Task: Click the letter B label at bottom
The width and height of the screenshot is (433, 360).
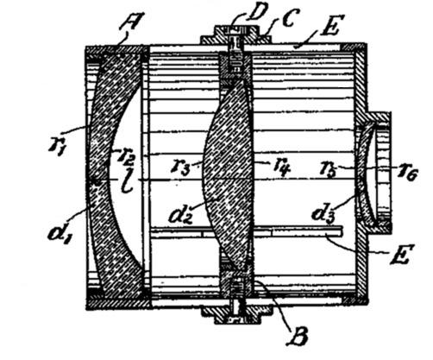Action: tap(298, 336)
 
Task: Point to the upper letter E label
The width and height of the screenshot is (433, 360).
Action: tap(329, 27)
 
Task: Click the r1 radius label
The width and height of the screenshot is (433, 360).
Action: tap(57, 145)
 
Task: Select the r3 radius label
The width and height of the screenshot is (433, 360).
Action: tap(180, 167)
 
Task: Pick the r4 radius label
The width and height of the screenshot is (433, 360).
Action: tap(280, 167)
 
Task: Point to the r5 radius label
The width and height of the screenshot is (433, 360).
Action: tap(329, 168)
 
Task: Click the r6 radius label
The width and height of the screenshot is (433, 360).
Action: tap(408, 174)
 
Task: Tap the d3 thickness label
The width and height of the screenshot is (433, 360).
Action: tap(323, 214)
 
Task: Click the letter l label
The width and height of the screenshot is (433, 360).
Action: tap(127, 185)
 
